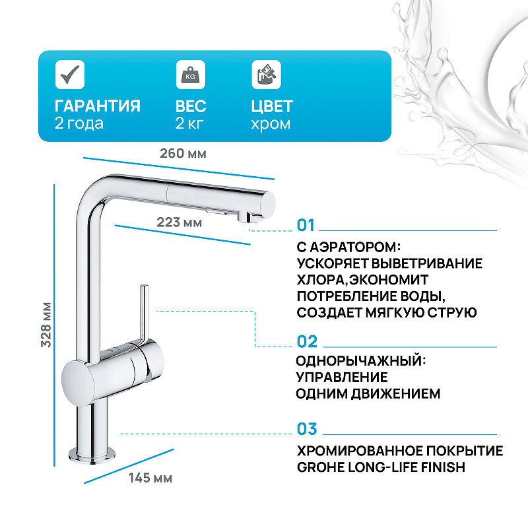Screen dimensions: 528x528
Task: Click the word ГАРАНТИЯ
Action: click(x=98, y=106)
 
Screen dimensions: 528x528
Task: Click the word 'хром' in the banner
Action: click(x=271, y=123)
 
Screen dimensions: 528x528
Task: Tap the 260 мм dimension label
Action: click(x=183, y=153)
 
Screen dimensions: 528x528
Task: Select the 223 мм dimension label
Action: click(x=179, y=222)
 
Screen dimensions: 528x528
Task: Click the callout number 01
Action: click(x=307, y=226)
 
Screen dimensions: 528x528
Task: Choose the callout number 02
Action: click(x=307, y=342)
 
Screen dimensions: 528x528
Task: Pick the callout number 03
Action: click(x=307, y=429)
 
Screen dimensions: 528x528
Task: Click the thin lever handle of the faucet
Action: click(x=143, y=310)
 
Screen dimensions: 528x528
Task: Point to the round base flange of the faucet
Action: click(x=93, y=454)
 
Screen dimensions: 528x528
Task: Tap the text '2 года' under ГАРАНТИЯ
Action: click(x=79, y=123)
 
